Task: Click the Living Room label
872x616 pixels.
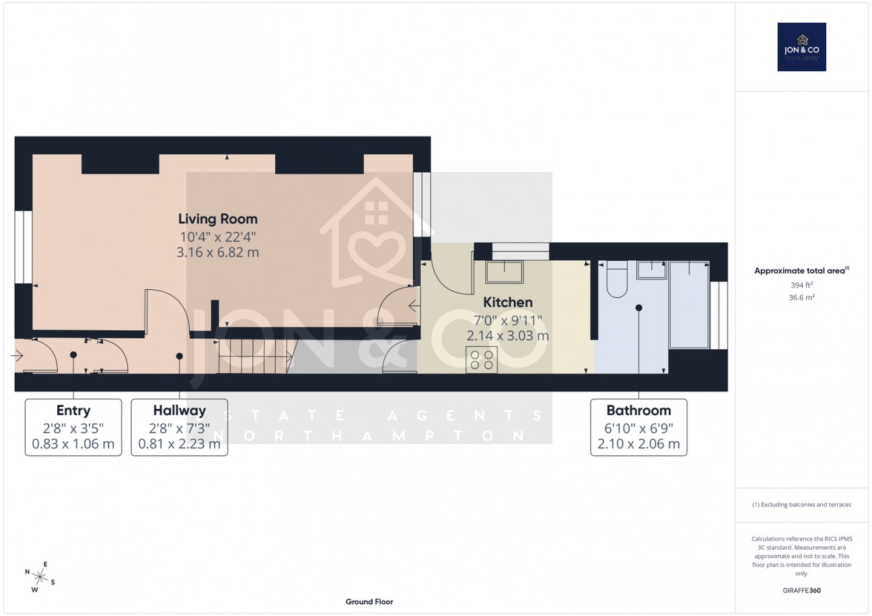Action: coord(217,219)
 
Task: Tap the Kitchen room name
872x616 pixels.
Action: coord(508,303)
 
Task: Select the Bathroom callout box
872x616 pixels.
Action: coord(639,427)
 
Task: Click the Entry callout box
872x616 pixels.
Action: coord(73,427)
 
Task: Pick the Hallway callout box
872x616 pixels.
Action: coord(179,427)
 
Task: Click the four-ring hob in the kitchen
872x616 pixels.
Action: coord(481,360)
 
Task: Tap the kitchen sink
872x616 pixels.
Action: coord(504,272)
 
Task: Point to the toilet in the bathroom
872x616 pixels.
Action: coord(616,280)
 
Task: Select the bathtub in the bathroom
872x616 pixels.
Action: coord(688,305)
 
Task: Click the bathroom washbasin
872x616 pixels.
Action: coord(651,269)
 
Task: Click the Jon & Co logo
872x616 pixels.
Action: coord(801,47)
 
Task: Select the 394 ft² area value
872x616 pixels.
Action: coord(801,284)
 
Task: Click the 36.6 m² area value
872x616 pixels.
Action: coord(801,297)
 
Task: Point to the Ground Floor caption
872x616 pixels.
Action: coord(369,602)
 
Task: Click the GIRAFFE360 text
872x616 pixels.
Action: coord(801,590)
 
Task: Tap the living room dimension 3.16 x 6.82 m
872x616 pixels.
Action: coord(217,252)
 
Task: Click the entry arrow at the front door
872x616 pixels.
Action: coord(17,356)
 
